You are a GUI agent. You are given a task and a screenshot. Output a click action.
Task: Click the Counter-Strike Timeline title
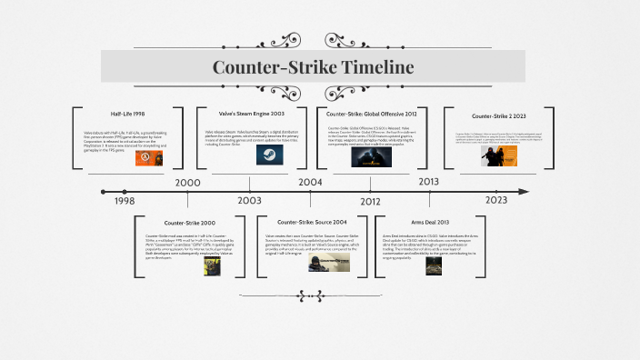(x=313, y=67)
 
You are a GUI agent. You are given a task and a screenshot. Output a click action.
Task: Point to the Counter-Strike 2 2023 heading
(x=499, y=116)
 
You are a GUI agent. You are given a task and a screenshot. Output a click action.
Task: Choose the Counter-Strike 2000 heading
(x=190, y=223)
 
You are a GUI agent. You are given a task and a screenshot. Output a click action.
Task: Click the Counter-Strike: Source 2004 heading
(x=312, y=223)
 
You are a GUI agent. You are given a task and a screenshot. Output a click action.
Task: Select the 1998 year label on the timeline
(x=125, y=201)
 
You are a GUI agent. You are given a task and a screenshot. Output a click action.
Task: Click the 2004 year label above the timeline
(x=310, y=182)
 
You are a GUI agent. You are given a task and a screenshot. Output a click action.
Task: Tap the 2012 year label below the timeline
(x=370, y=201)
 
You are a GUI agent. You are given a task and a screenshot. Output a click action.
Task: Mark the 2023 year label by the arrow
(x=496, y=201)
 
